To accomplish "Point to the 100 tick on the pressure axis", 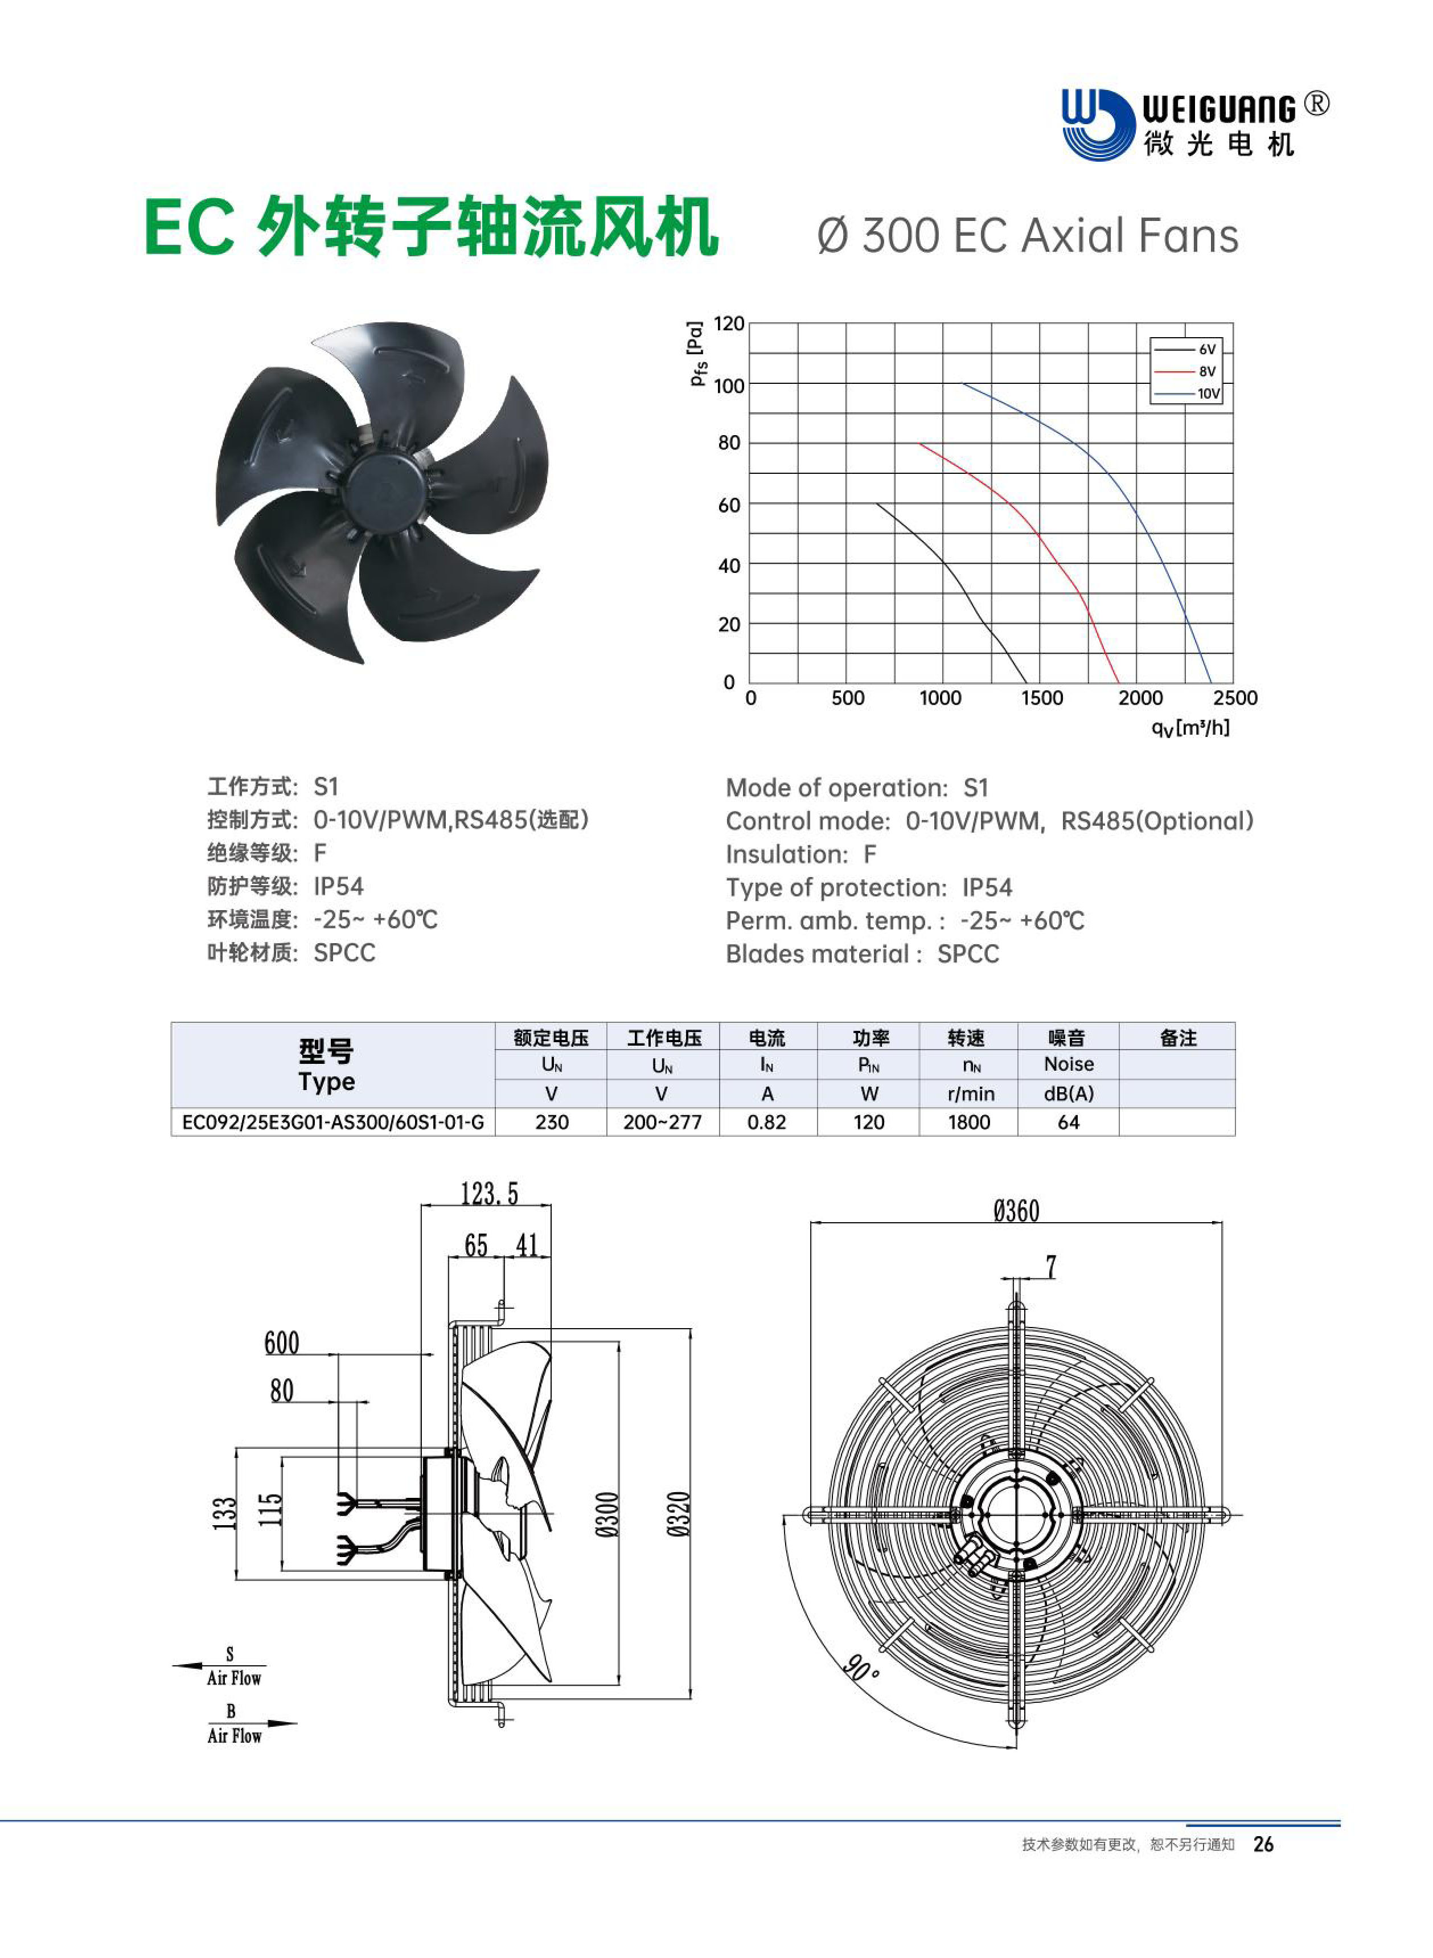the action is click(729, 386).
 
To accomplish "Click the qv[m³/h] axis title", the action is click(1190, 727).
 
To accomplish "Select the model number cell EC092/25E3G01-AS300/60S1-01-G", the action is click(333, 1123).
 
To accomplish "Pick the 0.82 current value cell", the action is click(767, 1123).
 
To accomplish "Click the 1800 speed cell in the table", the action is click(969, 1123).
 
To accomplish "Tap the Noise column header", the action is click(1069, 1064).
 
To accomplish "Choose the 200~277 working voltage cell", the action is click(663, 1123).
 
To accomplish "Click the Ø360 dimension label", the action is click(1017, 1211).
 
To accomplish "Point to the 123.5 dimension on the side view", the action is click(489, 1194).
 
